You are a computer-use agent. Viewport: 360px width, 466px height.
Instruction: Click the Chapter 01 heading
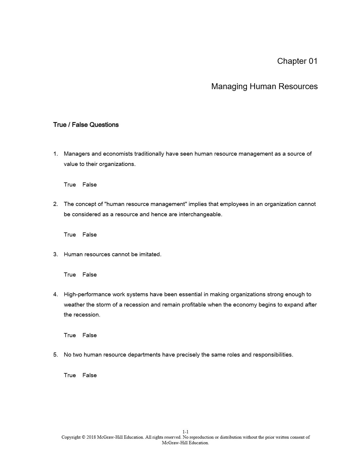tap(297, 61)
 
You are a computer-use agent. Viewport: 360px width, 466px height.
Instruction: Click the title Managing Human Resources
tap(264, 86)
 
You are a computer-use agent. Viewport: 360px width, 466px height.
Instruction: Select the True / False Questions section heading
tap(86, 125)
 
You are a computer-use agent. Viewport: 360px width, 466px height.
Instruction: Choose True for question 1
tap(70, 185)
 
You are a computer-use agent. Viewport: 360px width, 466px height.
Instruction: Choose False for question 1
tap(89, 185)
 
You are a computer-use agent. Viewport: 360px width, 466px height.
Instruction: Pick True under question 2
tap(70, 235)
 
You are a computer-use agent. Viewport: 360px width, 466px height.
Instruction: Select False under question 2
tap(89, 235)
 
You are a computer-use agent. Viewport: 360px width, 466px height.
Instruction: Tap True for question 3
tap(70, 275)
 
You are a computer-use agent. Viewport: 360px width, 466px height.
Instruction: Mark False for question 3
tap(89, 275)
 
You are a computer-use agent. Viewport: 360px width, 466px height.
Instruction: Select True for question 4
tap(70, 335)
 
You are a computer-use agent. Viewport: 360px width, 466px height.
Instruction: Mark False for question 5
tap(89, 375)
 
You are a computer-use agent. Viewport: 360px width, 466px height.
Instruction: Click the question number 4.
tap(55, 294)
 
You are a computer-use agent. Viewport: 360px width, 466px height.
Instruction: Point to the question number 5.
tap(55, 355)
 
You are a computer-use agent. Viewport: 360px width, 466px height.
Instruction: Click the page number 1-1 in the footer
tap(185, 432)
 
